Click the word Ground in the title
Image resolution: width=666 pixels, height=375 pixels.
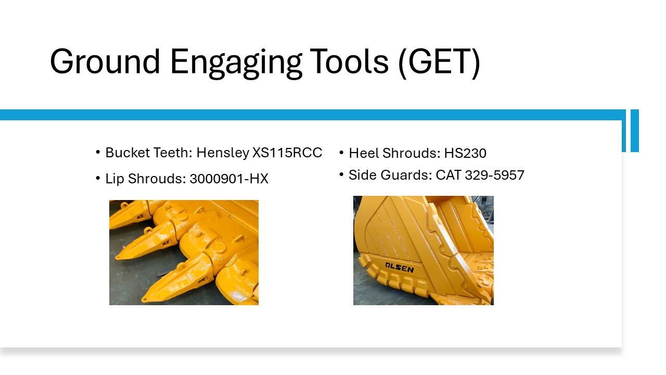pyautogui.click(x=105, y=61)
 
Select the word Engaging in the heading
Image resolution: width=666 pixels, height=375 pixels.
pyautogui.click(x=236, y=63)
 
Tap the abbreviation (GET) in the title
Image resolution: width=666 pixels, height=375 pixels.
pyautogui.click(x=439, y=63)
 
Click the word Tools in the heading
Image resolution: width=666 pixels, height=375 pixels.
pyautogui.click(x=349, y=61)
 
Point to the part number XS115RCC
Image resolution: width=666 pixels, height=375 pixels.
pyautogui.click(x=287, y=153)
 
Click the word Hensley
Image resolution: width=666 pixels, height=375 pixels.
pyautogui.click(x=223, y=153)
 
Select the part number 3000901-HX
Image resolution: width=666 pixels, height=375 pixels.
pyautogui.click(x=229, y=179)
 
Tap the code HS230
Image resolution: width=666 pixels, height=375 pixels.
pyautogui.click(x=465, y=153)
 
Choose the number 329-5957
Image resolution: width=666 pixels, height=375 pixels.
pyautogui.click(x=494, y=175)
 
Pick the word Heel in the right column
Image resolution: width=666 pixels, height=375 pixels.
pyautogui.click(x=364, y=153)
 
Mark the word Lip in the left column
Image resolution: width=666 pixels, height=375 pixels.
pyautogui.click(x=114, y=179)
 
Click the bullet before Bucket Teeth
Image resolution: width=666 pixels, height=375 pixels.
pyautogui.click(x=98, y=153)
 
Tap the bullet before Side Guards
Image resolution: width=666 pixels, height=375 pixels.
pyautogui.click(x=341, y=174)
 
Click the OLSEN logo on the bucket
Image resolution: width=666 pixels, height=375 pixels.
pyautogui.click(x=399, y=268)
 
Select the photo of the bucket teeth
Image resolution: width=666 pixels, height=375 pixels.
pyautogui.click(x=184, y=253)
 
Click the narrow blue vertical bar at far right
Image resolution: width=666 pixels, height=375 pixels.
pyautogui.click(x=634, y=131)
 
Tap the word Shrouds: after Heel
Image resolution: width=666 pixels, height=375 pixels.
pyautogui.click(x=411, y=153)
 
